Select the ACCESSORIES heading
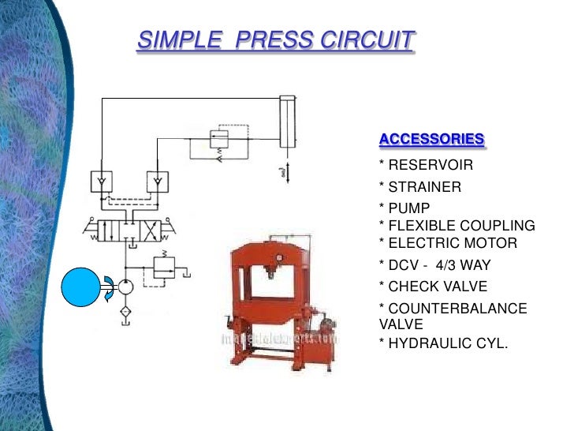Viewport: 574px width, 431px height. pos(431,140)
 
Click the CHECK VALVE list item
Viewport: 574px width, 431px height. pos(437,287)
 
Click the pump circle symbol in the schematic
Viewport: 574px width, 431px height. pos(125,287)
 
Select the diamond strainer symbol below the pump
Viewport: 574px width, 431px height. pos(125,313)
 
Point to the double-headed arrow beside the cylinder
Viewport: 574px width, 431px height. pos(287,171)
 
